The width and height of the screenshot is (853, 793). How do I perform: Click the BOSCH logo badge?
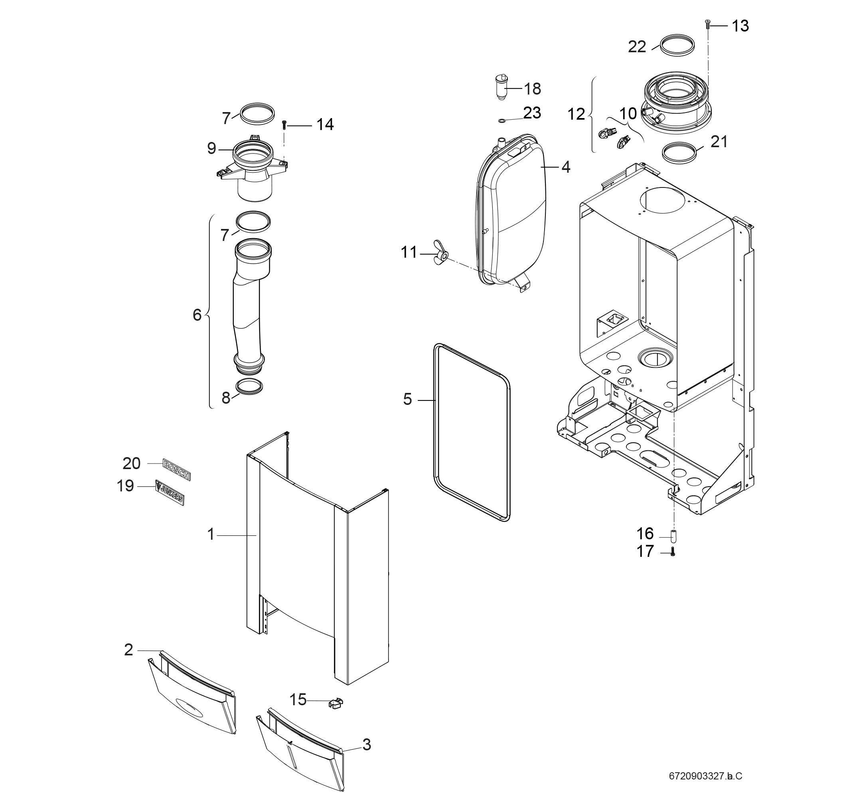[176, 469]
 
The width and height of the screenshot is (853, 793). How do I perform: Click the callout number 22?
[637, 47]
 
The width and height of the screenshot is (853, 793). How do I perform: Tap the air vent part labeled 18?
[501, 87]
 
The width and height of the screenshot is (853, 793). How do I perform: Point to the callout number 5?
[407, 399]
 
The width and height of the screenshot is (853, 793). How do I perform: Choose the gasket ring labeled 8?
[249, 387]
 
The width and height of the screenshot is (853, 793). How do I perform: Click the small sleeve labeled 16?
[673, 536]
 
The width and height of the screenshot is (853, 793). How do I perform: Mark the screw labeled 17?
[673, 553]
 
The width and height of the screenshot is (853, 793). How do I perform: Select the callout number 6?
[197, 315]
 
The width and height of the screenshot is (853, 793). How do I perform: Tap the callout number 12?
[576, 114]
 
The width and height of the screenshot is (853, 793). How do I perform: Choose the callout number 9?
[211, 148]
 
